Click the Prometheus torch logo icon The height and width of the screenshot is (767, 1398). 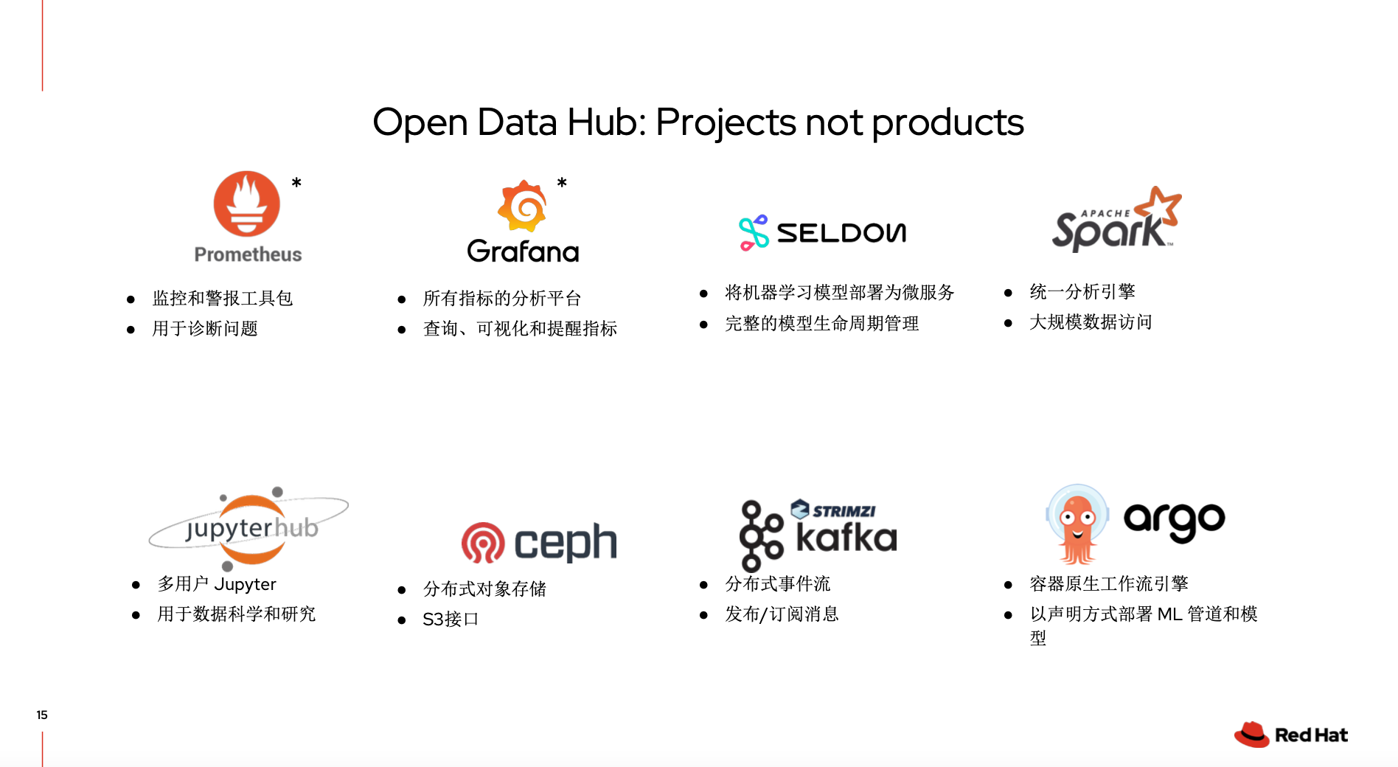pyautogui.click(x=247, y=204)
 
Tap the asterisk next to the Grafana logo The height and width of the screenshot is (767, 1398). pyautogui.click(x=562, y=182)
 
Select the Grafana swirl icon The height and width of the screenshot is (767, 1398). pyautogui.click(x=523, y=206)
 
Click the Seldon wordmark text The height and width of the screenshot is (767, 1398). pyautogui.click(x=841, y=233)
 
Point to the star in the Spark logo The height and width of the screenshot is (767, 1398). pyautogui.click(x=1158, y=206)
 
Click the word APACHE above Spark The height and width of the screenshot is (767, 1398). pyautogui.click(x=1105, y=213)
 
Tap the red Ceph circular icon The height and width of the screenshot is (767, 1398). pyautogui.click(x=483, y=543)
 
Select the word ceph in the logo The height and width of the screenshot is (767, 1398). pyautogui.click(x=566, y=543)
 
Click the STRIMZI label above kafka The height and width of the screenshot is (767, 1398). pyautogui.click(x=844, y=511)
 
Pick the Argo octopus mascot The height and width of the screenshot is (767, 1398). pyautogui.click(x=1077, y=524)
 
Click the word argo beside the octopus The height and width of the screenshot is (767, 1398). pyautogui.click(x=1174, y=521)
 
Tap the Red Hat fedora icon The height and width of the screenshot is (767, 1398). pyautogui.click(x=1251, y=735)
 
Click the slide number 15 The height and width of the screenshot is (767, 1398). pyautogui.click(x=42, y=715)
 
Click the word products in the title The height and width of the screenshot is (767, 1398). pyautogui.click(x=948, y=122)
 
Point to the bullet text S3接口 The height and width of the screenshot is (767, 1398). pyautogui.click(x=451, y=619)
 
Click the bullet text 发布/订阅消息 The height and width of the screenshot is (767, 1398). pyautogui.click(x=782, y=614)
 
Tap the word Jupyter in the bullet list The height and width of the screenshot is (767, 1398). pyautogui.click(x=245, y=584)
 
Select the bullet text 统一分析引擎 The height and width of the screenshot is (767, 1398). pyautogui.click(x=1082, y=291)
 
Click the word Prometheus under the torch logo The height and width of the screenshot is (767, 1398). pyautogui.click(x=248, y=254)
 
